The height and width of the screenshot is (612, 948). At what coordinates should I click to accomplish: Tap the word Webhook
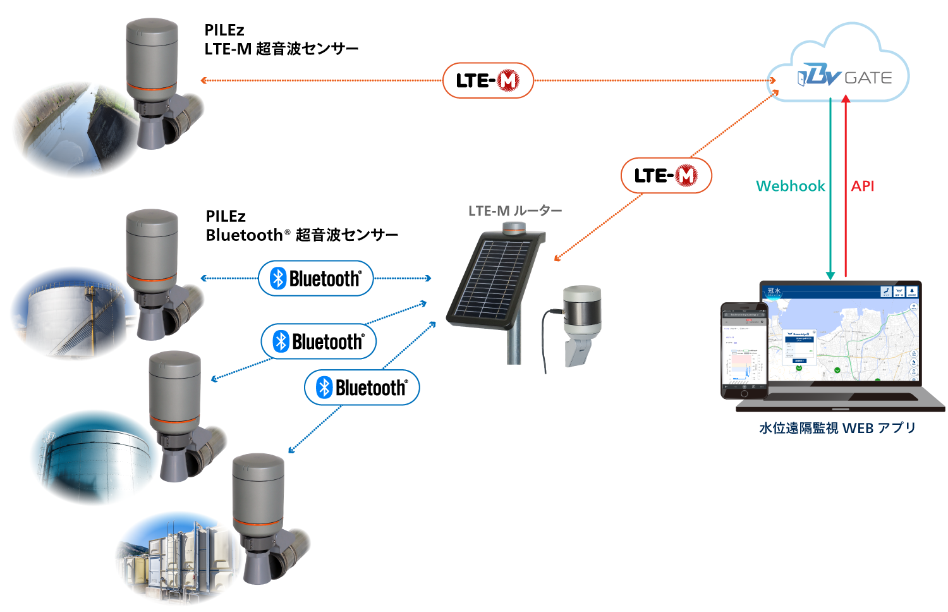click(x=790, y=186)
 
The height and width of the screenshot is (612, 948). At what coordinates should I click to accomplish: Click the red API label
click(x=862, y=186)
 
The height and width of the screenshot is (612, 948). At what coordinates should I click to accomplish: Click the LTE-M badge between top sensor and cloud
click(x=488, y=80)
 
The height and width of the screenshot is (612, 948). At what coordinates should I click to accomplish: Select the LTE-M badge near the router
click(x=666, y=175)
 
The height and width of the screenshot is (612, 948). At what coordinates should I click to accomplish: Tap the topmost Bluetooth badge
click(x=316, y=278)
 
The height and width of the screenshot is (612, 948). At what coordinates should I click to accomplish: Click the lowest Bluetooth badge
click(x=362, y=388)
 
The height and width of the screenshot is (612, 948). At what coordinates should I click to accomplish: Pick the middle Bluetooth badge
click(x=319, y=341)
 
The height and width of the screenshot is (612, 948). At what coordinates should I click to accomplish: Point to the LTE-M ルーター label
click(x=515, y=211)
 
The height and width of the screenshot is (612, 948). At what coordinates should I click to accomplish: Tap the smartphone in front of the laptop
click(x=744, y=351)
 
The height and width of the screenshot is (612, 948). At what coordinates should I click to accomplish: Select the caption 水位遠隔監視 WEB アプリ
click(x=837, y=428)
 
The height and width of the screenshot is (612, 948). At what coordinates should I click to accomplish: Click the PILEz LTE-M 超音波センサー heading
click(x=281, y=39)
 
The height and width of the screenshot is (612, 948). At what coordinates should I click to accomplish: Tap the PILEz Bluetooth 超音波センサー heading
click(x=301, y=226)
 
